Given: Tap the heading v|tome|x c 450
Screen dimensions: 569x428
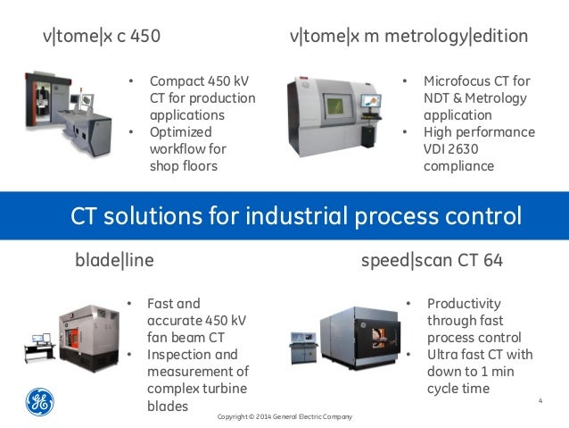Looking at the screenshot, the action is click(102, 37).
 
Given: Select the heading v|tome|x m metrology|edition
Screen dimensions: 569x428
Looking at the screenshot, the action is click(409, 37).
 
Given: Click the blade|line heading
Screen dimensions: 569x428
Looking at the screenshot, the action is click(114, 261).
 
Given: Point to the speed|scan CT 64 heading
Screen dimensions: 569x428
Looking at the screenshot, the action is click(432, 261).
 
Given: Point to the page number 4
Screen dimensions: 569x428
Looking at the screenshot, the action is click(540, 399).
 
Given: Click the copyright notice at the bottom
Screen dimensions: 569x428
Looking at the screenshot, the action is click(285, 417).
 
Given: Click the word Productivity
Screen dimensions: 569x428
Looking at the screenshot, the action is click(464, 304).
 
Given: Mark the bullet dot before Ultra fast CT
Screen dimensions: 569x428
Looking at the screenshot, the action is click(408, 355).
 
